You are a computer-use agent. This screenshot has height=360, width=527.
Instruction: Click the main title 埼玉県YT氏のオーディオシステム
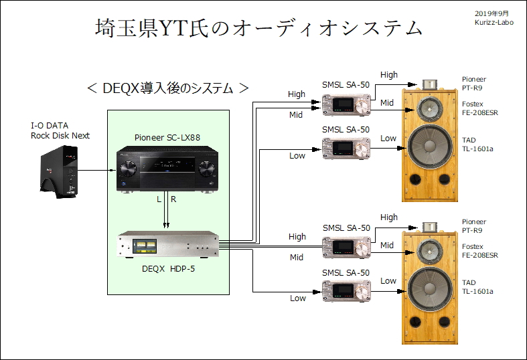[x=258, y=28]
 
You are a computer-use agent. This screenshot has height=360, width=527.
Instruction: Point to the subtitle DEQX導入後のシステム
[x=169, y=88]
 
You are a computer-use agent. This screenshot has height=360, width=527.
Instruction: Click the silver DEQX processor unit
[x=168, y=246]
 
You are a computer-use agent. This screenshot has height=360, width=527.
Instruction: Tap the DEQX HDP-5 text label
[x=168, y=270]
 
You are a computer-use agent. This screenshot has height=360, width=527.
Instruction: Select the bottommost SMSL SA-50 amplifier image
[x=345, y=290]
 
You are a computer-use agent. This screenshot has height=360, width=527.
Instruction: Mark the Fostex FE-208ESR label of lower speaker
[x=479, y=251]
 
